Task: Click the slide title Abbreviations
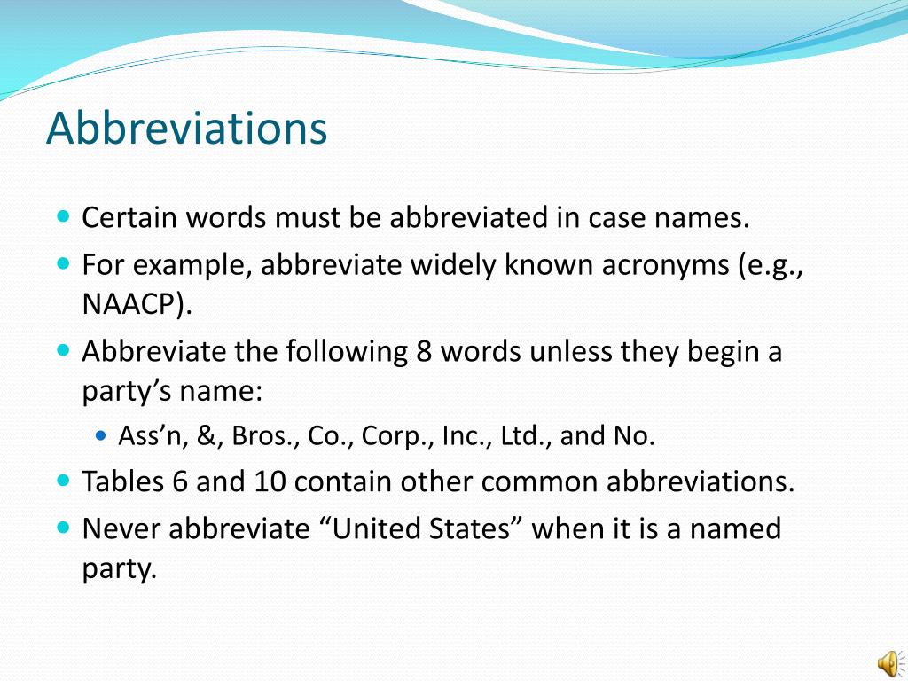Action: pos(187,129)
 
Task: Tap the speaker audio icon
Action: pos(887,660)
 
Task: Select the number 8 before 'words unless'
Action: pos(424,352)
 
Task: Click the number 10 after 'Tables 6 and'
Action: pos(270,481)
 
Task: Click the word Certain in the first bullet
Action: pos(128,218)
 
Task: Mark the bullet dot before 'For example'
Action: pos(63,263)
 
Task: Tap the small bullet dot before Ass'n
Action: pos(100,436)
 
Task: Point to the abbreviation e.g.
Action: pos(771,264)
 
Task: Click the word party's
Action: pos(121,392)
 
